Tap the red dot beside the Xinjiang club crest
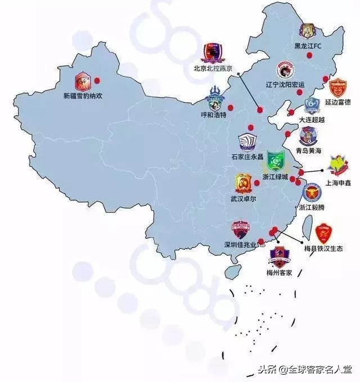tap(97, 80)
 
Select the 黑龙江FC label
tap(308, 46)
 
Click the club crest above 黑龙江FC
tap(307, 30)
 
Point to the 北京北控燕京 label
tap(213, 69)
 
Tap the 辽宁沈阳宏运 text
tap(285, 84)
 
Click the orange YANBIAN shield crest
tap(337, 89)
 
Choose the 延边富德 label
tap(337, 102)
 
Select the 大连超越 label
tap(312, 120)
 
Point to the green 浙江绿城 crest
tap(274, 162)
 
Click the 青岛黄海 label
tap(309, 151)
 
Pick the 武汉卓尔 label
tap(243, 199)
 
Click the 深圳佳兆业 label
tap(240, 245)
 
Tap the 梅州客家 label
tap(280, 273)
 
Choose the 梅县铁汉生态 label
tap(323, 248)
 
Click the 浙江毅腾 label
tap(312, 207)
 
